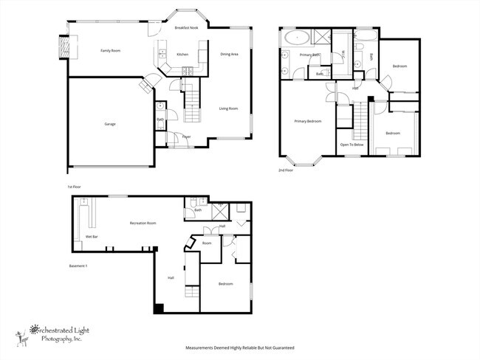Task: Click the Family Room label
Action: [x=110, y=51]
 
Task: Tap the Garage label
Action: [x=109, y=124]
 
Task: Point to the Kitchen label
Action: [x=182, y=55]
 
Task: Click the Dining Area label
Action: [x=229, y=54]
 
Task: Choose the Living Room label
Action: [x=228, y=108]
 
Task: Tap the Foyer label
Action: [x=187, y=136]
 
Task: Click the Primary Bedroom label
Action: [x=307, y=121]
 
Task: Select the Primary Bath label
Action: [x=309, y=55]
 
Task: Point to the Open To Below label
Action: [x=352, y=145]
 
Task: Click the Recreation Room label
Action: [x=143, y=222]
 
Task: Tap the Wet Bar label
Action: [x=92, y=237]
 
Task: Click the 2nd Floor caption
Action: [x=286, y=170]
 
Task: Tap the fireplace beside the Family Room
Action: [x=64, y=46]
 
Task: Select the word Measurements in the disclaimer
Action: [x=201, y=347]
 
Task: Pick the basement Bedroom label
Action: [x=226, y=283]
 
